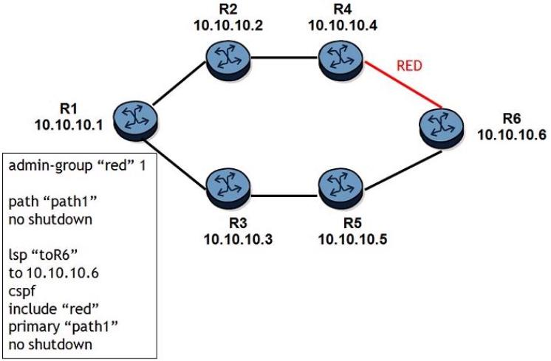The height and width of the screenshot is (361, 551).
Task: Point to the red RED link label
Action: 410,65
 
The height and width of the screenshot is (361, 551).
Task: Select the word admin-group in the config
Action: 44,165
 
